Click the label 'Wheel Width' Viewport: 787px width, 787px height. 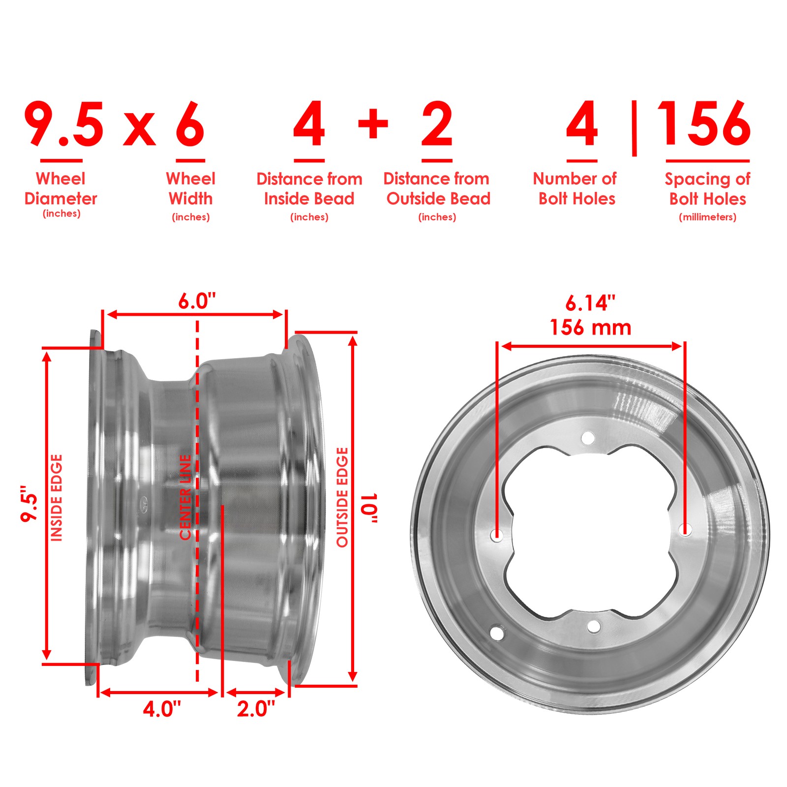tap(190, 188)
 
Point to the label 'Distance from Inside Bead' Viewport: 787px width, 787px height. tap(309, 188)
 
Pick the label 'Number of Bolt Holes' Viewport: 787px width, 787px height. tap(575, 188)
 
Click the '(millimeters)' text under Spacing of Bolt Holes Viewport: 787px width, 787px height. tap(707, 217)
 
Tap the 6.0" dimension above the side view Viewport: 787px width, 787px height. tap(197, 301)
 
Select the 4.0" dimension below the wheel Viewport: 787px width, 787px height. tap(162, 709)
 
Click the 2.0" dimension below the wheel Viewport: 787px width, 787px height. tap(256, 709)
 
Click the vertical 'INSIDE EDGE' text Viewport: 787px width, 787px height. tap(57, 498)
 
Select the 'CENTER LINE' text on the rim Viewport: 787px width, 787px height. tap(185, 497)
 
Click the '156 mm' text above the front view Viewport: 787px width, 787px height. tap(590, 328)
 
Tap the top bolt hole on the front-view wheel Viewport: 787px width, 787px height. tap(588, 437)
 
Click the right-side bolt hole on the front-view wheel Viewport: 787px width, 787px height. tap(685, 530)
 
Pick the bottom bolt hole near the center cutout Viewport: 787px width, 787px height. tap(594, 626)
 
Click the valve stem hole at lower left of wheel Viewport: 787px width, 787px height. tap(497, 633)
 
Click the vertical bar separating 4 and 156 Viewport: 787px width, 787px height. tap(634, 128)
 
